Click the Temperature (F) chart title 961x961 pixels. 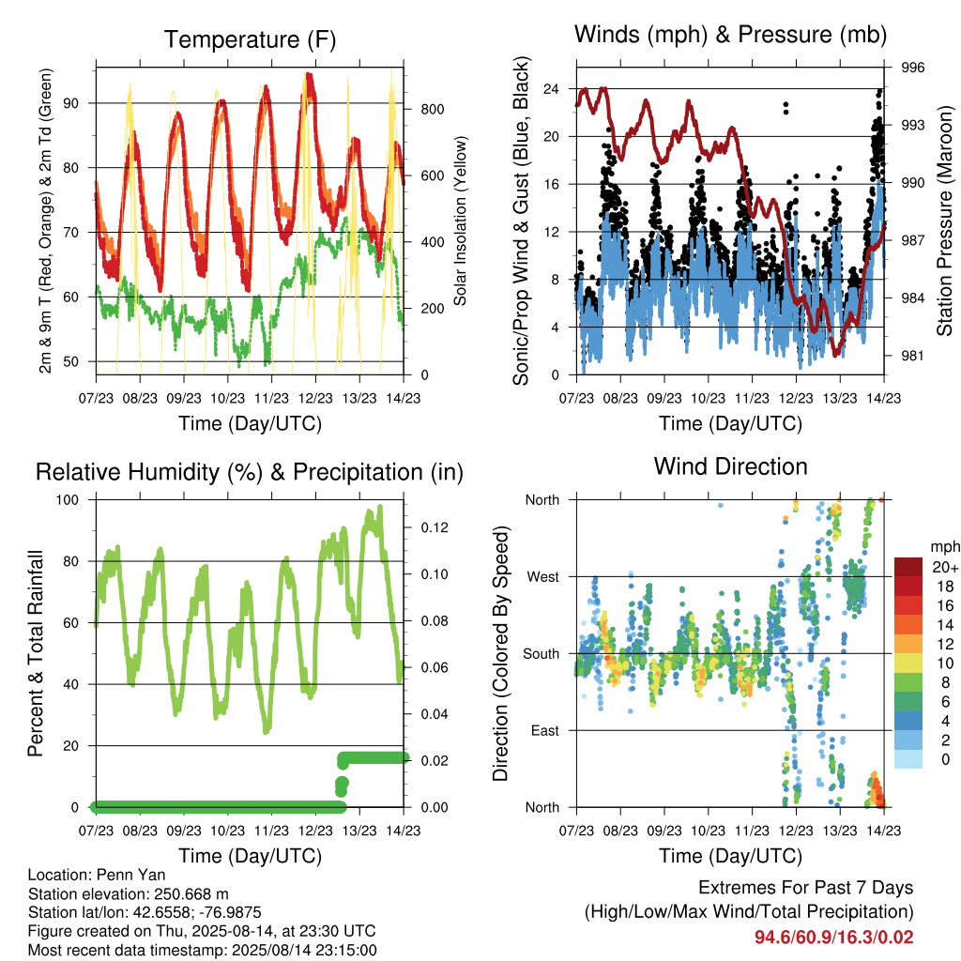point(250,39)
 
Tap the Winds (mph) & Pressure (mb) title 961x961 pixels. point(730,35)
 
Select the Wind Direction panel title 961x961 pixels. point(730,466)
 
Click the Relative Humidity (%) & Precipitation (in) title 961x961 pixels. point(250,472)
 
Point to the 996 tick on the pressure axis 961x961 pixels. point(912,68)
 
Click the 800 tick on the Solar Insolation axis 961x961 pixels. point(433,109)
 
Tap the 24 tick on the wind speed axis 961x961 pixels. point(552,89)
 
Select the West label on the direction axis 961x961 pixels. point(543,577)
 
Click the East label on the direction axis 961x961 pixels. point(545,730)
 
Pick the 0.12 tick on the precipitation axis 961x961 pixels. point(435,527)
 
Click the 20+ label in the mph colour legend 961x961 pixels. point(945,567)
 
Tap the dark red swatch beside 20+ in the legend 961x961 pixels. point(908,567)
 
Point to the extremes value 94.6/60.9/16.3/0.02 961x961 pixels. point(833,938)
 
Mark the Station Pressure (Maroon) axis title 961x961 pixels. point(944,221)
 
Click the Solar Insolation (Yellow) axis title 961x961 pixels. point(460,221)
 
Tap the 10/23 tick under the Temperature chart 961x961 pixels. point(227,398)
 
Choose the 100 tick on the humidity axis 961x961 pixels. point(68,499)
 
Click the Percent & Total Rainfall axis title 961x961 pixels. point(36,653)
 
